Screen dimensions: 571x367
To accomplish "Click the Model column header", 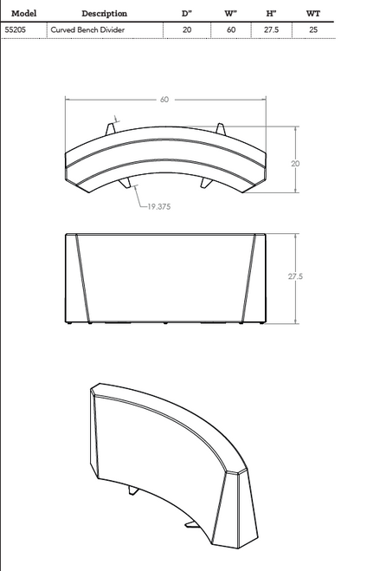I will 23,13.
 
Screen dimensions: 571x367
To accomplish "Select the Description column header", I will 104,13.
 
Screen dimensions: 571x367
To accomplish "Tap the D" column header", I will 187,13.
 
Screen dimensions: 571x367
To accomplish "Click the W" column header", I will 230,13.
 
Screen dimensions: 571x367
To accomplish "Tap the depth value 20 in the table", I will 187,29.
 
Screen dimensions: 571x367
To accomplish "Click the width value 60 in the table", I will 230,29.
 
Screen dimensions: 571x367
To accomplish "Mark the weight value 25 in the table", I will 312,29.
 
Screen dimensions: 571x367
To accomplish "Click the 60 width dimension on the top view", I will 164,99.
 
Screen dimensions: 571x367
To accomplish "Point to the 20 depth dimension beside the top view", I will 295,162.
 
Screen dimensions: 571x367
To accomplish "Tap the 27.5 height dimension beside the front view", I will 295,276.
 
